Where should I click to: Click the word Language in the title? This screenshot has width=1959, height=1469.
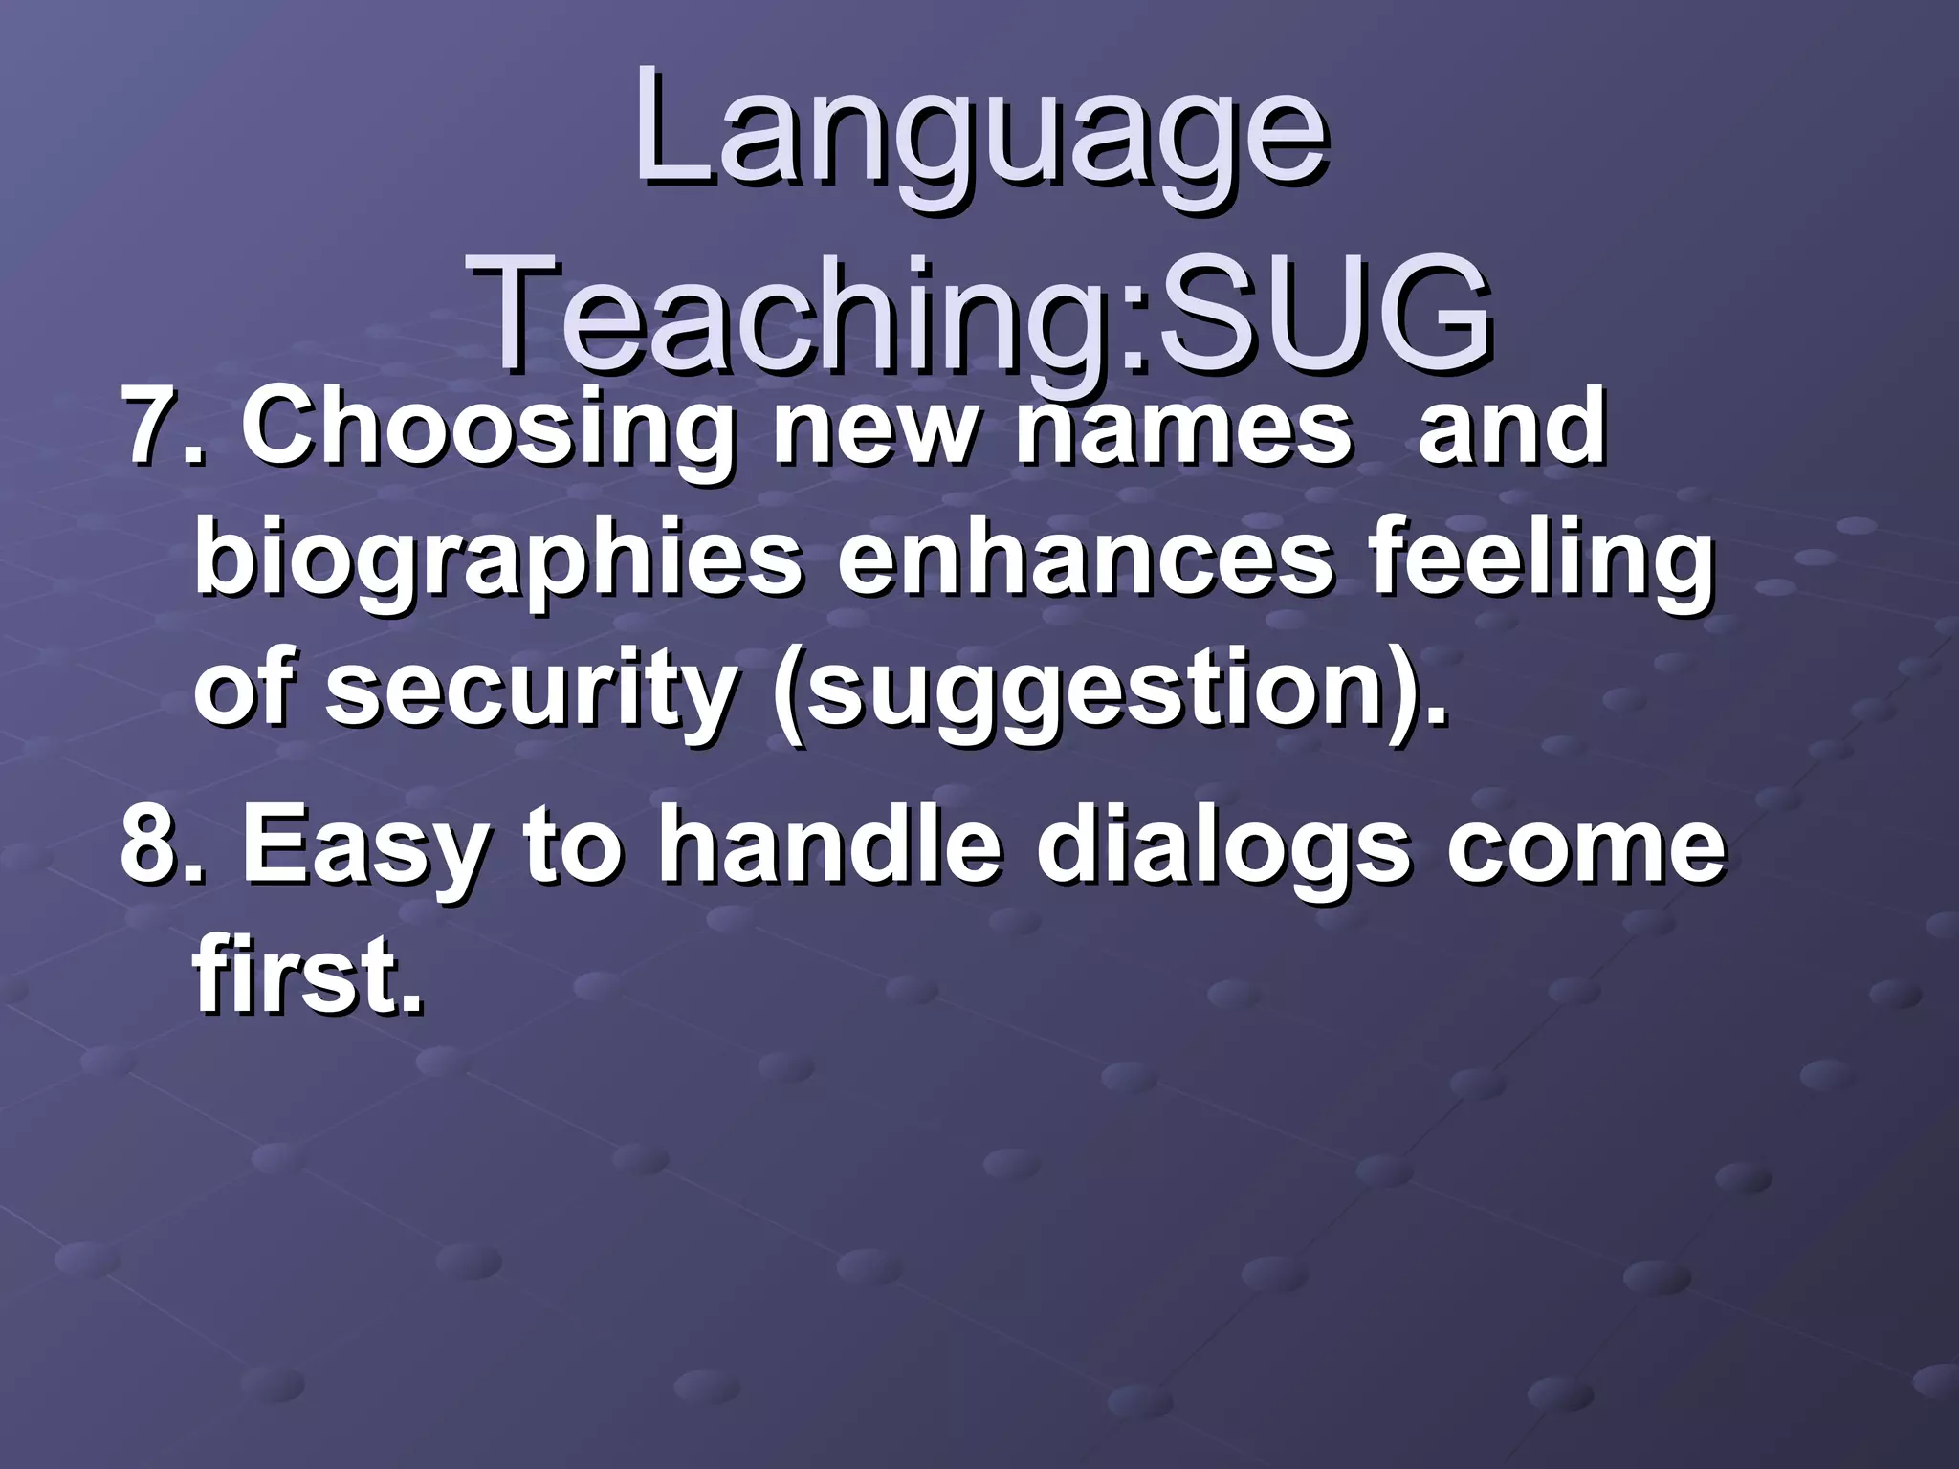point(979,134)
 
